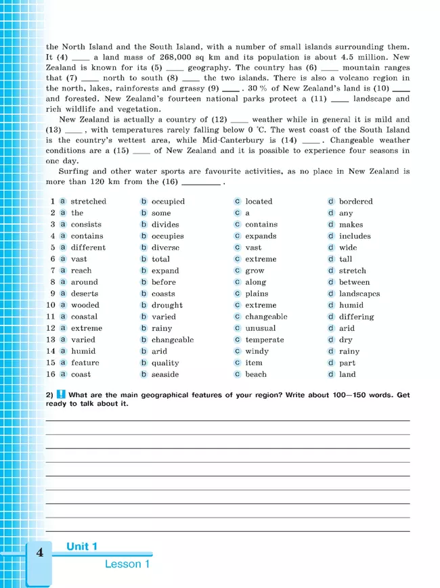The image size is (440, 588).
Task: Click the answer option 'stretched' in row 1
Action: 88,202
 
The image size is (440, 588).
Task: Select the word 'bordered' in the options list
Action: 355,202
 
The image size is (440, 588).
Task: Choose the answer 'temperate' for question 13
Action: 265,340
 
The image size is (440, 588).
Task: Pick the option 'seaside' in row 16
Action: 165,374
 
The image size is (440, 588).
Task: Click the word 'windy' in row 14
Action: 257,351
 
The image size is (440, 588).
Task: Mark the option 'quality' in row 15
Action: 165,363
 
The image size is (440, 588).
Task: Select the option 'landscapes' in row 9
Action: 359,294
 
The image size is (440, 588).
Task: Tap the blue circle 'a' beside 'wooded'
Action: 62,305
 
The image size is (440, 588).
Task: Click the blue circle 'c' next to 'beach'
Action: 238,374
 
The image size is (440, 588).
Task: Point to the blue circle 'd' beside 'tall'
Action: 331,259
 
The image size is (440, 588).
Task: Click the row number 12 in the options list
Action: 51,328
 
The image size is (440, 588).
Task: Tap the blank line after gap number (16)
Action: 201,183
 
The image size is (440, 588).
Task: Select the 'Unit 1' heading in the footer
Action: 82,547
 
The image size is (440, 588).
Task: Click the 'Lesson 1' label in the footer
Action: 127,564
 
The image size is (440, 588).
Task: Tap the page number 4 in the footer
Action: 39,553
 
